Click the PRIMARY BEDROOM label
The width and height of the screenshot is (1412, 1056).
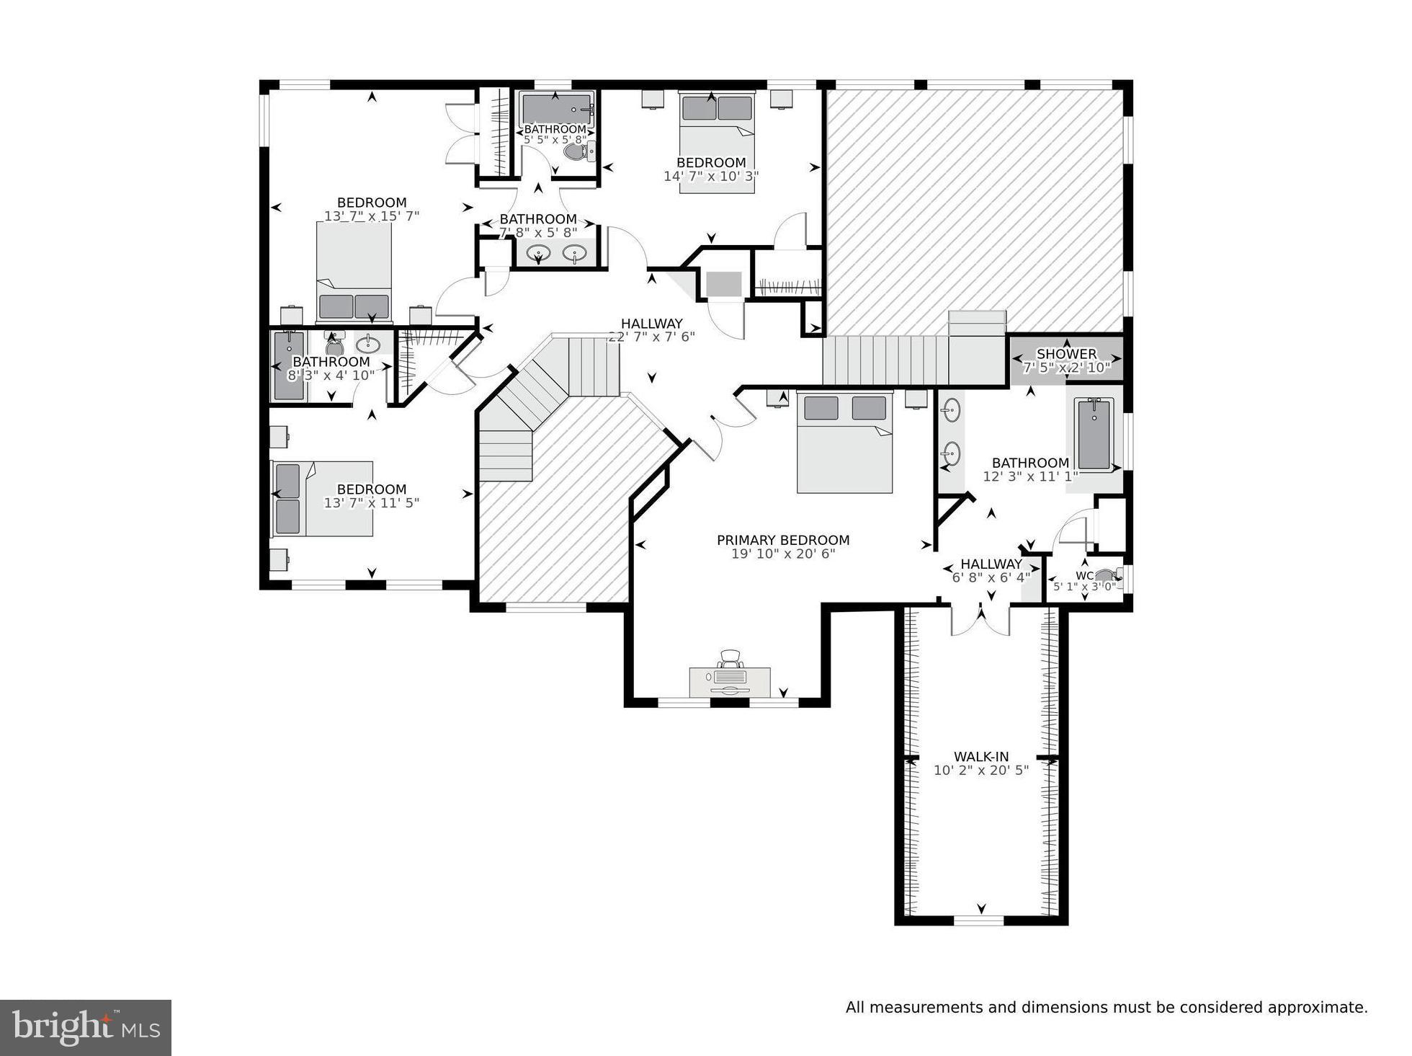click(x=783, y=540)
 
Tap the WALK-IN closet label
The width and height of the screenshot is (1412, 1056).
click(x=981, y=757)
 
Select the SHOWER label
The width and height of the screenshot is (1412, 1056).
click(x=1066, y=354)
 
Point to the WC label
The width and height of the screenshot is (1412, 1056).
click(x=1084, y=575)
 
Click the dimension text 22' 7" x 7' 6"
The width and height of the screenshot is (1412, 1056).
click(x=651, y=337)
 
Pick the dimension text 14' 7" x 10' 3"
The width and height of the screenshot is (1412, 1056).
click(x=711, y=176)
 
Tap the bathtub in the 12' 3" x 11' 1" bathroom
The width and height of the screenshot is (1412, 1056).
click(x=1094, y=435)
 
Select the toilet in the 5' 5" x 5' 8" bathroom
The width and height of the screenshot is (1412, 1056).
click(x=577, y=151)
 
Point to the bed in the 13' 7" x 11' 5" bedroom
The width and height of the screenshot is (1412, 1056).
click(x=322, y=499)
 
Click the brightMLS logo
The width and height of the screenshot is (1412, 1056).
click(x=86, y=1027)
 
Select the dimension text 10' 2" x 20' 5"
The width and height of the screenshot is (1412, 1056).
click(x=981, y=771)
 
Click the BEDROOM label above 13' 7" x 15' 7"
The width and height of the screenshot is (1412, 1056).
click(x=372, y=203)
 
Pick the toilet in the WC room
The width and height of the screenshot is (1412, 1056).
click(x=1106, y=575)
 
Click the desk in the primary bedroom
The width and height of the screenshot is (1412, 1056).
click(x=730, y=681)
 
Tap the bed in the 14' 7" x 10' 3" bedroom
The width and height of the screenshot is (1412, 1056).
click(x=717, y=141)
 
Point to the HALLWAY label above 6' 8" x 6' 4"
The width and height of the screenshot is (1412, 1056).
click(x=991, y=564)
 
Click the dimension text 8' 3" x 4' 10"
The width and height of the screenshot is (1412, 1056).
click(x=331, y=375)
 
